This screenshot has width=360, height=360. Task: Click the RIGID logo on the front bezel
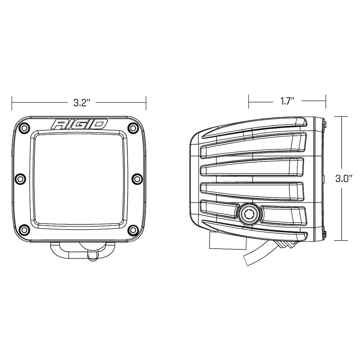point(79,124)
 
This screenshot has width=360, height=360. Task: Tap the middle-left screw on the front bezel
point(20,178)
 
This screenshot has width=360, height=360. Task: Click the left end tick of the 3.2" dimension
point(12,103)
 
